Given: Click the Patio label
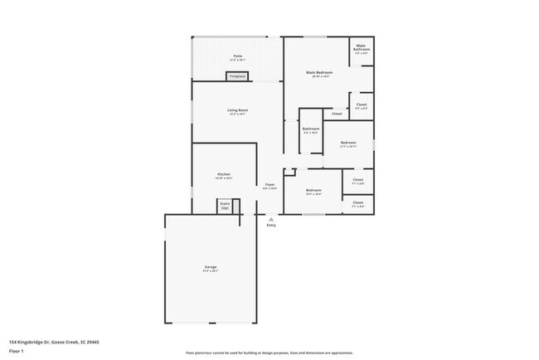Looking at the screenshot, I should pos(237,56).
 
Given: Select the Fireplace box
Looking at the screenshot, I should pos(237,76).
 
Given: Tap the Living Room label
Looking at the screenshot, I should pos(238,109).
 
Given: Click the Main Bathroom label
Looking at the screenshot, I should pos(362,47).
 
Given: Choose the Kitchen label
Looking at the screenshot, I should pos(223,174).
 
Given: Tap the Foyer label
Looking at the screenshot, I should pos(270,184).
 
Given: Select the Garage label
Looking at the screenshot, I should pos(211,266).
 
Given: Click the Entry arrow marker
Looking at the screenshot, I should pos(270,219).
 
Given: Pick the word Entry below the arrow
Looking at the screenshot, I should pos(270,226).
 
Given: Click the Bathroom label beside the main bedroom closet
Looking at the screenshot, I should pos(311,129).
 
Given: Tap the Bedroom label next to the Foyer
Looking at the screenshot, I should pos(313,190).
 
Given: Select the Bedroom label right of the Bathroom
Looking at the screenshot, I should pos(348,143).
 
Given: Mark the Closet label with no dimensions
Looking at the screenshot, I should pos(337,114).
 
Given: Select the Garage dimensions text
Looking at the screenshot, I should pos(211,270).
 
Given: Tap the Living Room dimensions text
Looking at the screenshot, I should pos(238,114).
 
